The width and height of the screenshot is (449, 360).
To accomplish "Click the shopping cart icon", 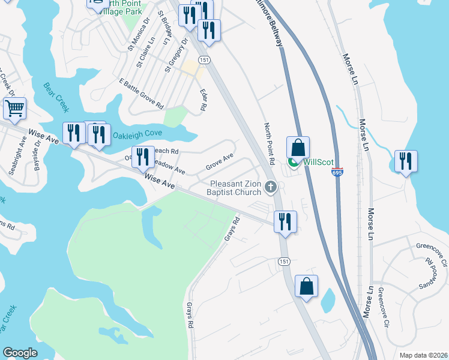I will tap(14, 109).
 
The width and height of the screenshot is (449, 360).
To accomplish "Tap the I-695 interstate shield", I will tap(337, 172).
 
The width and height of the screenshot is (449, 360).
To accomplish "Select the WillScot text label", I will tap(318, 162).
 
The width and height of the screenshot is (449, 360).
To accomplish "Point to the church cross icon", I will tap(271, 188).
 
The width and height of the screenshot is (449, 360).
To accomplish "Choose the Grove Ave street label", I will tap(219, 161).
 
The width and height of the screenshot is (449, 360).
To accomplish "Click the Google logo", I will tap(20, 353).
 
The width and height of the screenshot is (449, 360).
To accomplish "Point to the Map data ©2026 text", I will tap(422, 355).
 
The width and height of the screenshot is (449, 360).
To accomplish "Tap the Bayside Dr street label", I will tap(38, 153).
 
